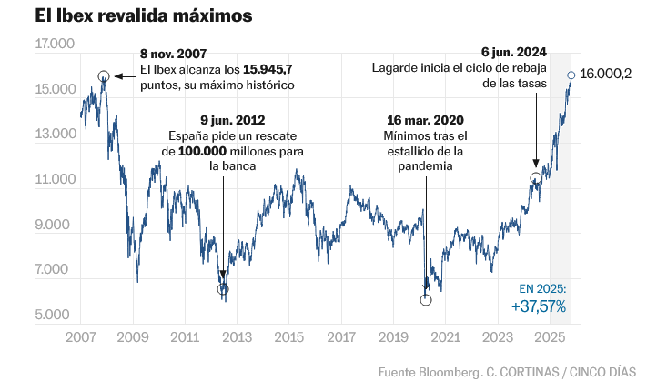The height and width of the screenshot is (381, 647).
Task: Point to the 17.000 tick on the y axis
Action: [56, 45]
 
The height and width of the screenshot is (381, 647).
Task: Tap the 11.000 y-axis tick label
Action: [56, 180]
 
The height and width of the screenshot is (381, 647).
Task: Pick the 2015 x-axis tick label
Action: [289, 337]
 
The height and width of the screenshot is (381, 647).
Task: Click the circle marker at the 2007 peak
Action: [104, 77]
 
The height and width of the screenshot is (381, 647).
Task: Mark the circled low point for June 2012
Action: [224, 289]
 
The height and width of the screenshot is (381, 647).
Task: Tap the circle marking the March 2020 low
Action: [426, 299]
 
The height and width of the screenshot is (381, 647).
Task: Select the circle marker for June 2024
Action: [536, 179]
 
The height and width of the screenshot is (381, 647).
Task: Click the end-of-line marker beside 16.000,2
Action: [571, 75]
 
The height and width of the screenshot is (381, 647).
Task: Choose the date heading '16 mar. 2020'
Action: [424, 120]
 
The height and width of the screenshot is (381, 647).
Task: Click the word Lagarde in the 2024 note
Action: [393, 70]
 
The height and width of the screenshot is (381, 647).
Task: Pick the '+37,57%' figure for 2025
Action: [539, 307]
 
